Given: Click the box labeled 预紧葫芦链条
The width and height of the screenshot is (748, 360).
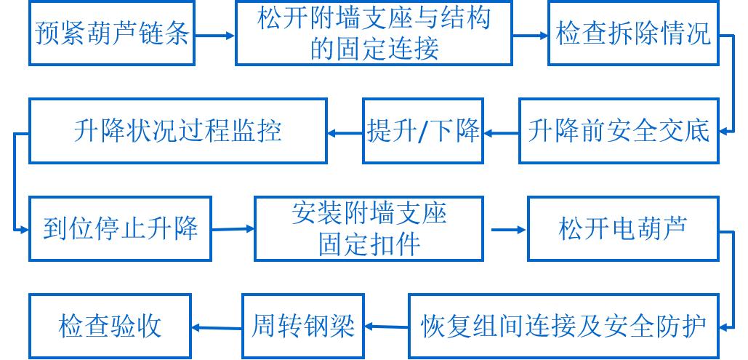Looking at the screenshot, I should click(113, 33).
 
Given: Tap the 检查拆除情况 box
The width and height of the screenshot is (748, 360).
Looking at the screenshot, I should click(632, 33).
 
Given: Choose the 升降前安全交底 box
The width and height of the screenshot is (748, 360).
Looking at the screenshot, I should click(618, 131).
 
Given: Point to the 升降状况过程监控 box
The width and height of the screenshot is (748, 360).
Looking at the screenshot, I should click(177, 131).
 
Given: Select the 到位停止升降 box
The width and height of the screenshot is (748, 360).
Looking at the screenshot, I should click(120, 228).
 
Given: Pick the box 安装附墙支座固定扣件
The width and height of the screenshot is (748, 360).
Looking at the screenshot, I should click(369, 228).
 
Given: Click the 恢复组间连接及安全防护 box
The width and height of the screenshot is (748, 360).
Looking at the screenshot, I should click(563, 326).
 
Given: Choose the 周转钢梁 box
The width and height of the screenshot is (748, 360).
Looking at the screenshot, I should click(303, 326).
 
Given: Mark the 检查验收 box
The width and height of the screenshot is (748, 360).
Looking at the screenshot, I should click(110, 326).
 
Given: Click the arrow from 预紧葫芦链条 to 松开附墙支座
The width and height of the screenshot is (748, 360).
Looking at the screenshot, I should click(216, 34).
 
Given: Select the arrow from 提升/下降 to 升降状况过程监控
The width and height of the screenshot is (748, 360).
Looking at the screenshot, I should click(345, 132).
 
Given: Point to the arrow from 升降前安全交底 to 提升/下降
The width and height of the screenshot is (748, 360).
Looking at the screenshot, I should click(502, 132).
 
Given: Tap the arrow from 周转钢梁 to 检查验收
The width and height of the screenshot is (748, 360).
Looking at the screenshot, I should click(217, 327).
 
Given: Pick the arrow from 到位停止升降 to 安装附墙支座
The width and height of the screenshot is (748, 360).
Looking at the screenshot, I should click(233, 230).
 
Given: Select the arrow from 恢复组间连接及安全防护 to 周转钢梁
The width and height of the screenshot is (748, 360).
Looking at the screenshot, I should click(386, 327).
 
